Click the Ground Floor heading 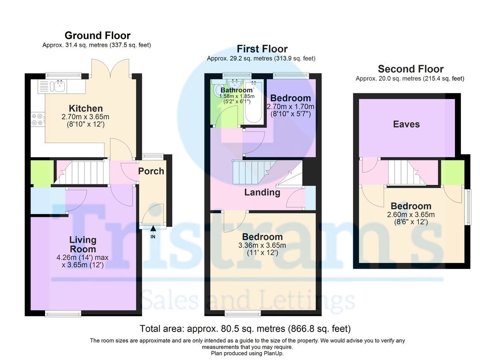coord(97,35)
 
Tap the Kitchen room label coord(86,108)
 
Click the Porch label coord(151,171)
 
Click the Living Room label coord(83,245)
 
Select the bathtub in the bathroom coord(254,102)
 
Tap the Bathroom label coord(236,90)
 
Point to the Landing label coord(262,192)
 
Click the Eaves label coord(406,124)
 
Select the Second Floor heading coord(410,69)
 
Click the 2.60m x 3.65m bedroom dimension coord(411,215)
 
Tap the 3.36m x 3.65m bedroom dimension coord(262,245)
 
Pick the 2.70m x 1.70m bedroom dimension coord(290,107)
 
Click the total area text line coord(245,329)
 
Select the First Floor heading coord(262,49)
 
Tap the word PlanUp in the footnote coord(273,353)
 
